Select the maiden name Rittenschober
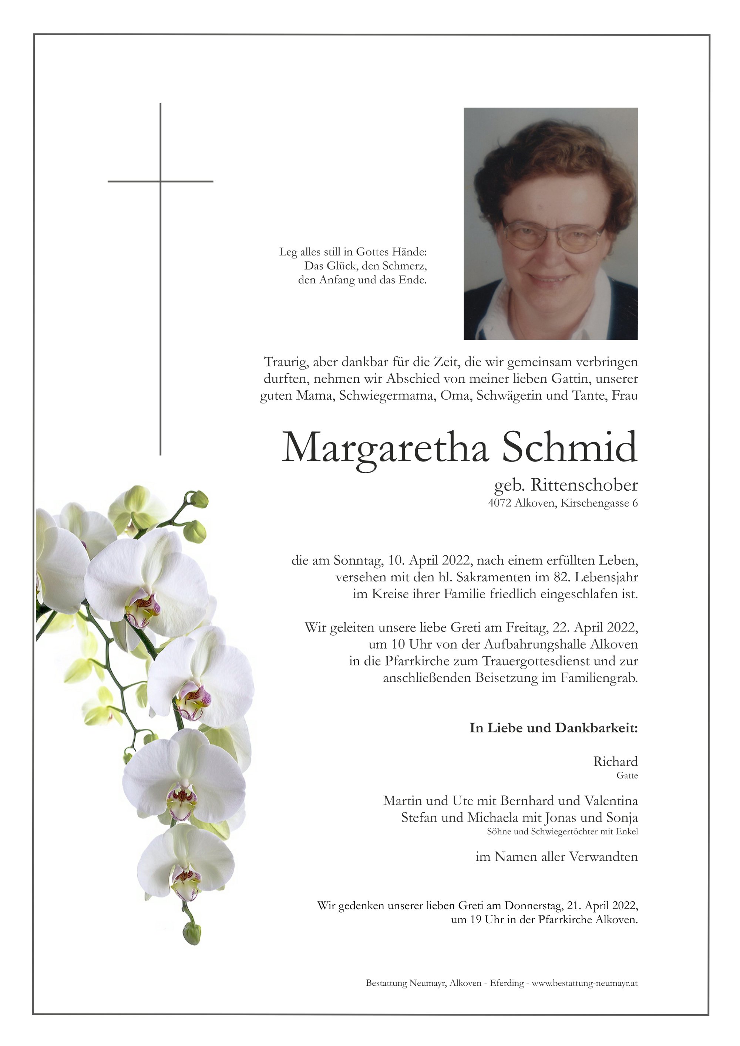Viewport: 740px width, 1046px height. coord(584,485)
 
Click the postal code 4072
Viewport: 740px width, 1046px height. coord(499,504)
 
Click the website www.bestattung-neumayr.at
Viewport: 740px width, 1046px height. coord(585,983)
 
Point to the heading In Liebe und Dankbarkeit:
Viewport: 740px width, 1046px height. coord(554,728)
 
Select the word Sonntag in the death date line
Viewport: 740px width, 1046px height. coord(357,561)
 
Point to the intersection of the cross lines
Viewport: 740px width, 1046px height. coord(161,181)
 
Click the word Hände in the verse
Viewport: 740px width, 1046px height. coord(413,252)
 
